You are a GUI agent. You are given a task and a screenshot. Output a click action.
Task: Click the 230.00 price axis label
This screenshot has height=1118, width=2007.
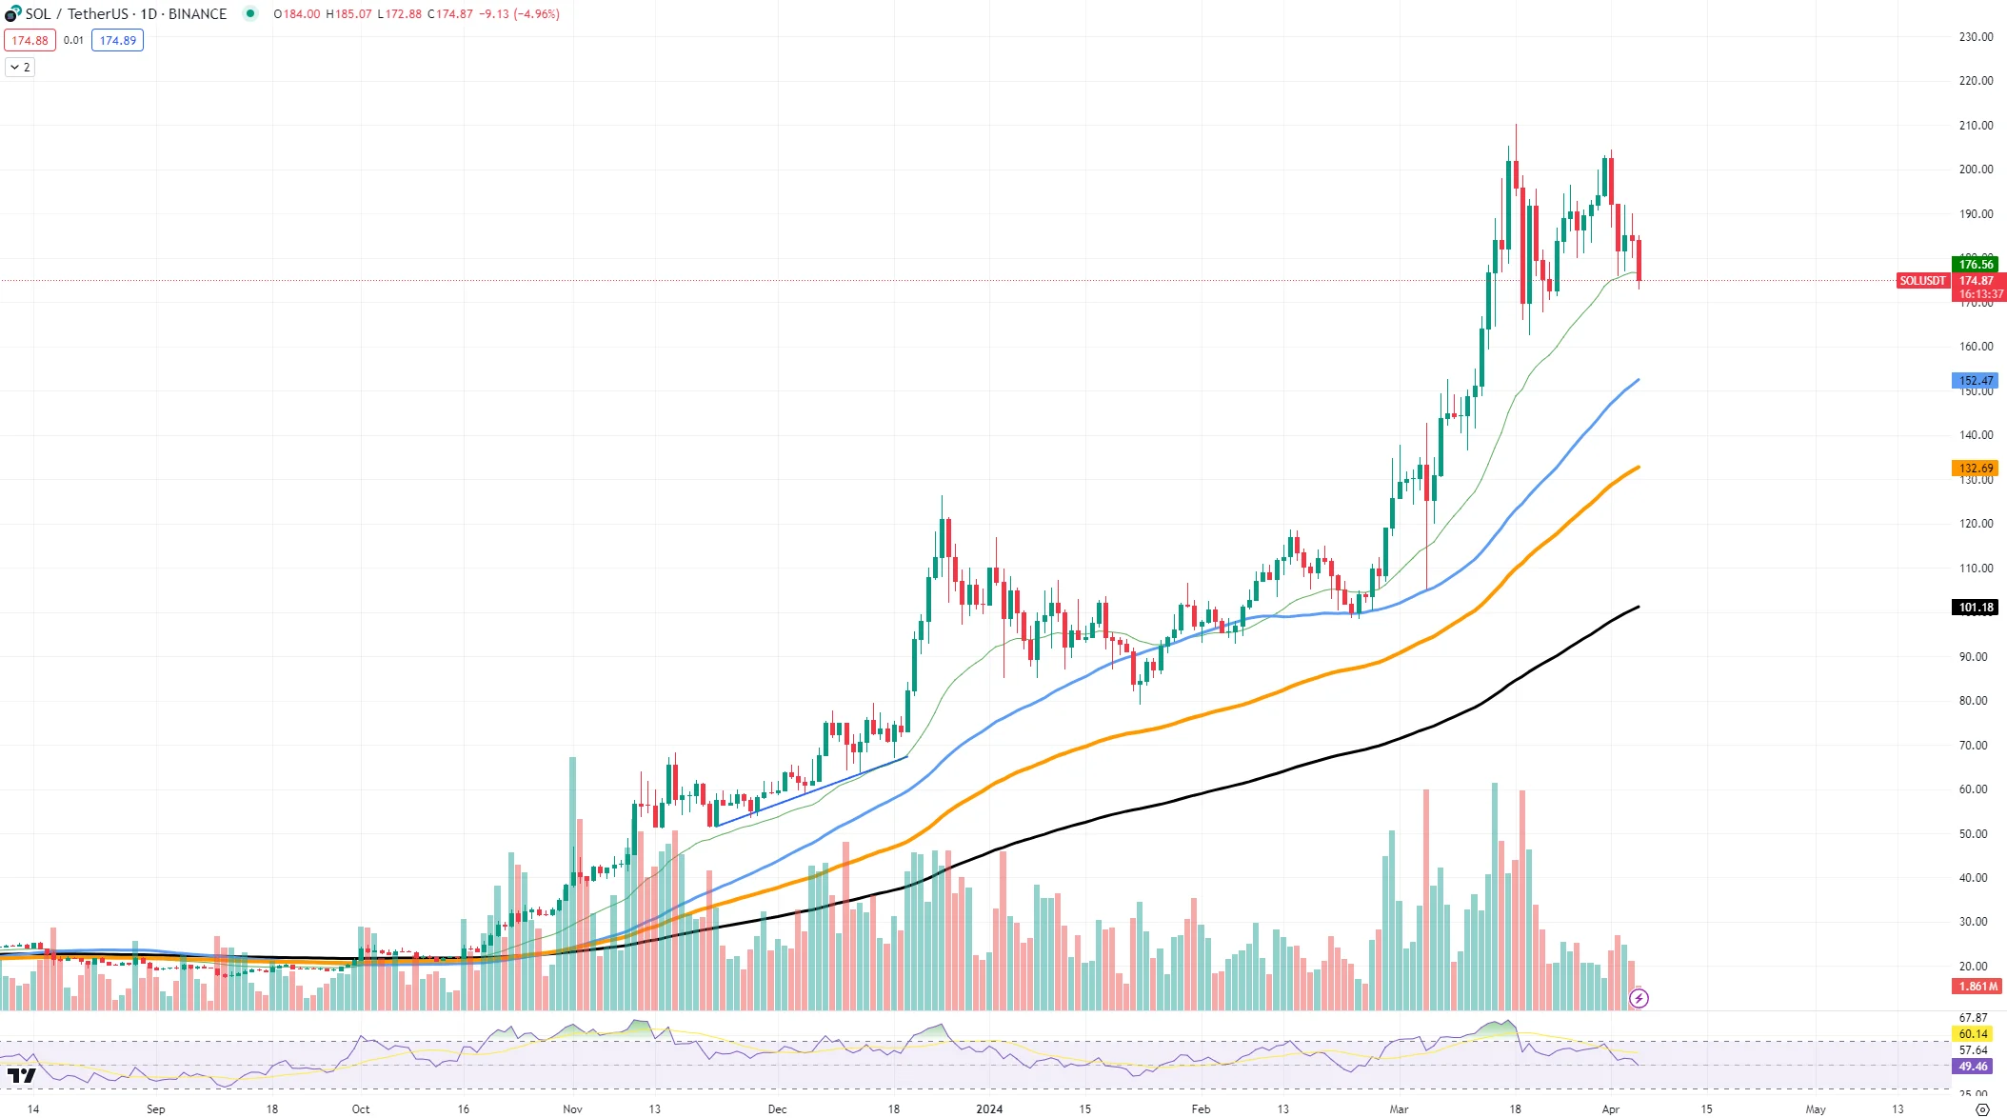[1976, 37]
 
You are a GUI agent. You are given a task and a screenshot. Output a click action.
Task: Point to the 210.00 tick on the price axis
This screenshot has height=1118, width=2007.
[1976, 126]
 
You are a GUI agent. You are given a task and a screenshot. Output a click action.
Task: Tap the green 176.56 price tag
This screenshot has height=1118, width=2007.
[1976, 265]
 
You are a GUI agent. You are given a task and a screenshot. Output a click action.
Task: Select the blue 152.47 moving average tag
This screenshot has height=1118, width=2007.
[1976, 381]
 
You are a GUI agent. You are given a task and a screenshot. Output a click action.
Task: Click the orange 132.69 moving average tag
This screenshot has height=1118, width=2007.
[1976, 469]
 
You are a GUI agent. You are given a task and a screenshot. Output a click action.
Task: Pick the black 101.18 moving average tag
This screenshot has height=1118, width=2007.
[1976, 608]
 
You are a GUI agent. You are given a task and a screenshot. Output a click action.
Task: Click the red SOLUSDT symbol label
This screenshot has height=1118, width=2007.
[1922, 281]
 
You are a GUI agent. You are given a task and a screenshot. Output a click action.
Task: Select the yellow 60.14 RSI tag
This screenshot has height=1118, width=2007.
[1973, 1034]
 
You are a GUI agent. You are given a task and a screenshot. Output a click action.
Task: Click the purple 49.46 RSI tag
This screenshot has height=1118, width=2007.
[1973, 1067]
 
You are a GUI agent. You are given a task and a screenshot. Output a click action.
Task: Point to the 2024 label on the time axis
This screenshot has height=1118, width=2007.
[989, 1109]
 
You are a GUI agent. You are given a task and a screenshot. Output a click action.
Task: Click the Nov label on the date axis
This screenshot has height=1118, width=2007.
[572, 1109]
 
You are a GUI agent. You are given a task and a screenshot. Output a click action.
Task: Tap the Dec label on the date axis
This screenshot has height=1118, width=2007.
[777, 1109]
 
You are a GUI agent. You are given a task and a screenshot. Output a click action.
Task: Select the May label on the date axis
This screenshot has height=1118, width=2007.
[1816, 1109]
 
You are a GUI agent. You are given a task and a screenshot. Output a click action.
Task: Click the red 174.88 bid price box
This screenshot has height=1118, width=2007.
[30, 41]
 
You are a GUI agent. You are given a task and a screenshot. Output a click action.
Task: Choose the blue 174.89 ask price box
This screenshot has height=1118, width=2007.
[118, 41]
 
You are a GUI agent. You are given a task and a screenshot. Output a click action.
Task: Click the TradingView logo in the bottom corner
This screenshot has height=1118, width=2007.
[21, 1076]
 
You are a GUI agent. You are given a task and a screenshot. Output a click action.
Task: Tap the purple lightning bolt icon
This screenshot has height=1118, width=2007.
[1639, 998]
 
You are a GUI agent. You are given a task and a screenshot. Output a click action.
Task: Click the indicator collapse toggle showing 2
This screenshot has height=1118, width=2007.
[20, 68]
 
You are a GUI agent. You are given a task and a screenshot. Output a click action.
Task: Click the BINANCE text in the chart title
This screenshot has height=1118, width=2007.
[197, 14]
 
